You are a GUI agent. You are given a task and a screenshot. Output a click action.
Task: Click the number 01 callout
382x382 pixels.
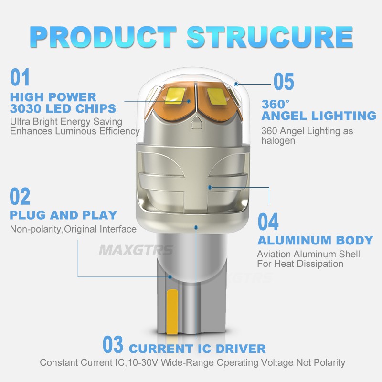tap(20, 77)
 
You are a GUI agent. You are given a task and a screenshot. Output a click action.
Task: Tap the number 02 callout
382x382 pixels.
tap(20, 197)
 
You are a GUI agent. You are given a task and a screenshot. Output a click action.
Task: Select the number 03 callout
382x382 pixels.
tap(113, 345)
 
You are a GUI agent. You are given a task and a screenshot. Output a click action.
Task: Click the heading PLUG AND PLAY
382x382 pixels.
tap(63, 215)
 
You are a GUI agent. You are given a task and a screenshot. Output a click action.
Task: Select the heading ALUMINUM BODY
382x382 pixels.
tap(315, 240)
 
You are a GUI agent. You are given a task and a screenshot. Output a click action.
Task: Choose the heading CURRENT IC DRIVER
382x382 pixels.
tap(197, 348)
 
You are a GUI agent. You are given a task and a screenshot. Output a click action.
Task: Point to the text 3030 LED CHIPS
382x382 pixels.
tap(63, 108)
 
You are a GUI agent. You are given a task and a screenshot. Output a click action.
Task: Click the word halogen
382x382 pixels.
tap(278, 140)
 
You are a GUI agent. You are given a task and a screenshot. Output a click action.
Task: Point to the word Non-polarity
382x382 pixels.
tap(36, 229)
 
